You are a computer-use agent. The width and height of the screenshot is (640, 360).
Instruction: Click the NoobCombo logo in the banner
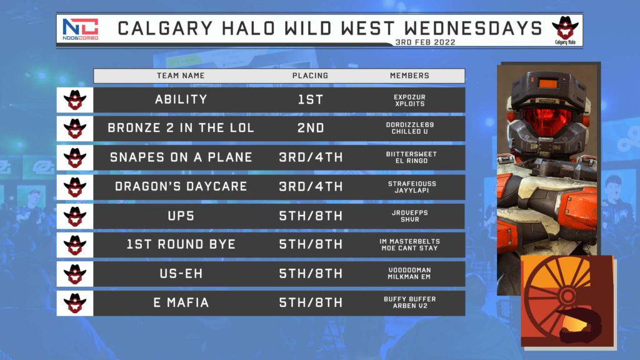[81, 29]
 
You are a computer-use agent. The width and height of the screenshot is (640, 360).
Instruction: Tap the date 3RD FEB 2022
[425, 42]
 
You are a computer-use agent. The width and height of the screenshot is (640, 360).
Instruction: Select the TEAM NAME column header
[181, 76]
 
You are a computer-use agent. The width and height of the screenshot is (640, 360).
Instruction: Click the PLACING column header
[310, 76]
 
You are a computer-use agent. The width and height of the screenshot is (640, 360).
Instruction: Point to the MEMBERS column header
[409, 76]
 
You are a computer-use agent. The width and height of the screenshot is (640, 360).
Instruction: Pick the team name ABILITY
[181, 99]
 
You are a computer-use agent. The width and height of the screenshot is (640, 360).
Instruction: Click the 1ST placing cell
[311, 99]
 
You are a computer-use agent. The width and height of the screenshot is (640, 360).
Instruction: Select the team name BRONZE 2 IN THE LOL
[181, 127]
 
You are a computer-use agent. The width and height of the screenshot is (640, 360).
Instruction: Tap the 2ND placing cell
[311, 127]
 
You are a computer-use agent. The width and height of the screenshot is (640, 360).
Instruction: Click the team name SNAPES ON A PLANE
[181, 157]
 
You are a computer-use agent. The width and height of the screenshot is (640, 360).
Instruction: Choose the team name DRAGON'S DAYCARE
[181, 186]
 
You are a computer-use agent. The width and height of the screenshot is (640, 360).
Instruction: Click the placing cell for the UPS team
[311, 216]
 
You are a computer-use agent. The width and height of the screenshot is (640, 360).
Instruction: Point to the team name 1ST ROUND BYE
[181, 244]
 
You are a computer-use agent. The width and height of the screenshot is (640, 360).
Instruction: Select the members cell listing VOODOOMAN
[409, 274]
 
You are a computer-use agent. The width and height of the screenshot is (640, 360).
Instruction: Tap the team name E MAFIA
[181, 302]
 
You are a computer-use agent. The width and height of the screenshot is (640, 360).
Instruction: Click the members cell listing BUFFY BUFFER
[410, 302]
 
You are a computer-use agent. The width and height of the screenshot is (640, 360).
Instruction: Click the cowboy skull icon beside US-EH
[75, 274]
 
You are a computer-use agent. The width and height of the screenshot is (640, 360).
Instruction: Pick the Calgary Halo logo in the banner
[565, 30]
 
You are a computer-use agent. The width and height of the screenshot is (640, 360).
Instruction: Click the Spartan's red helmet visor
[547, 121]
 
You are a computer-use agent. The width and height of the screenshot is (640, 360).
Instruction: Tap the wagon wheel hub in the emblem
[567, 295]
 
